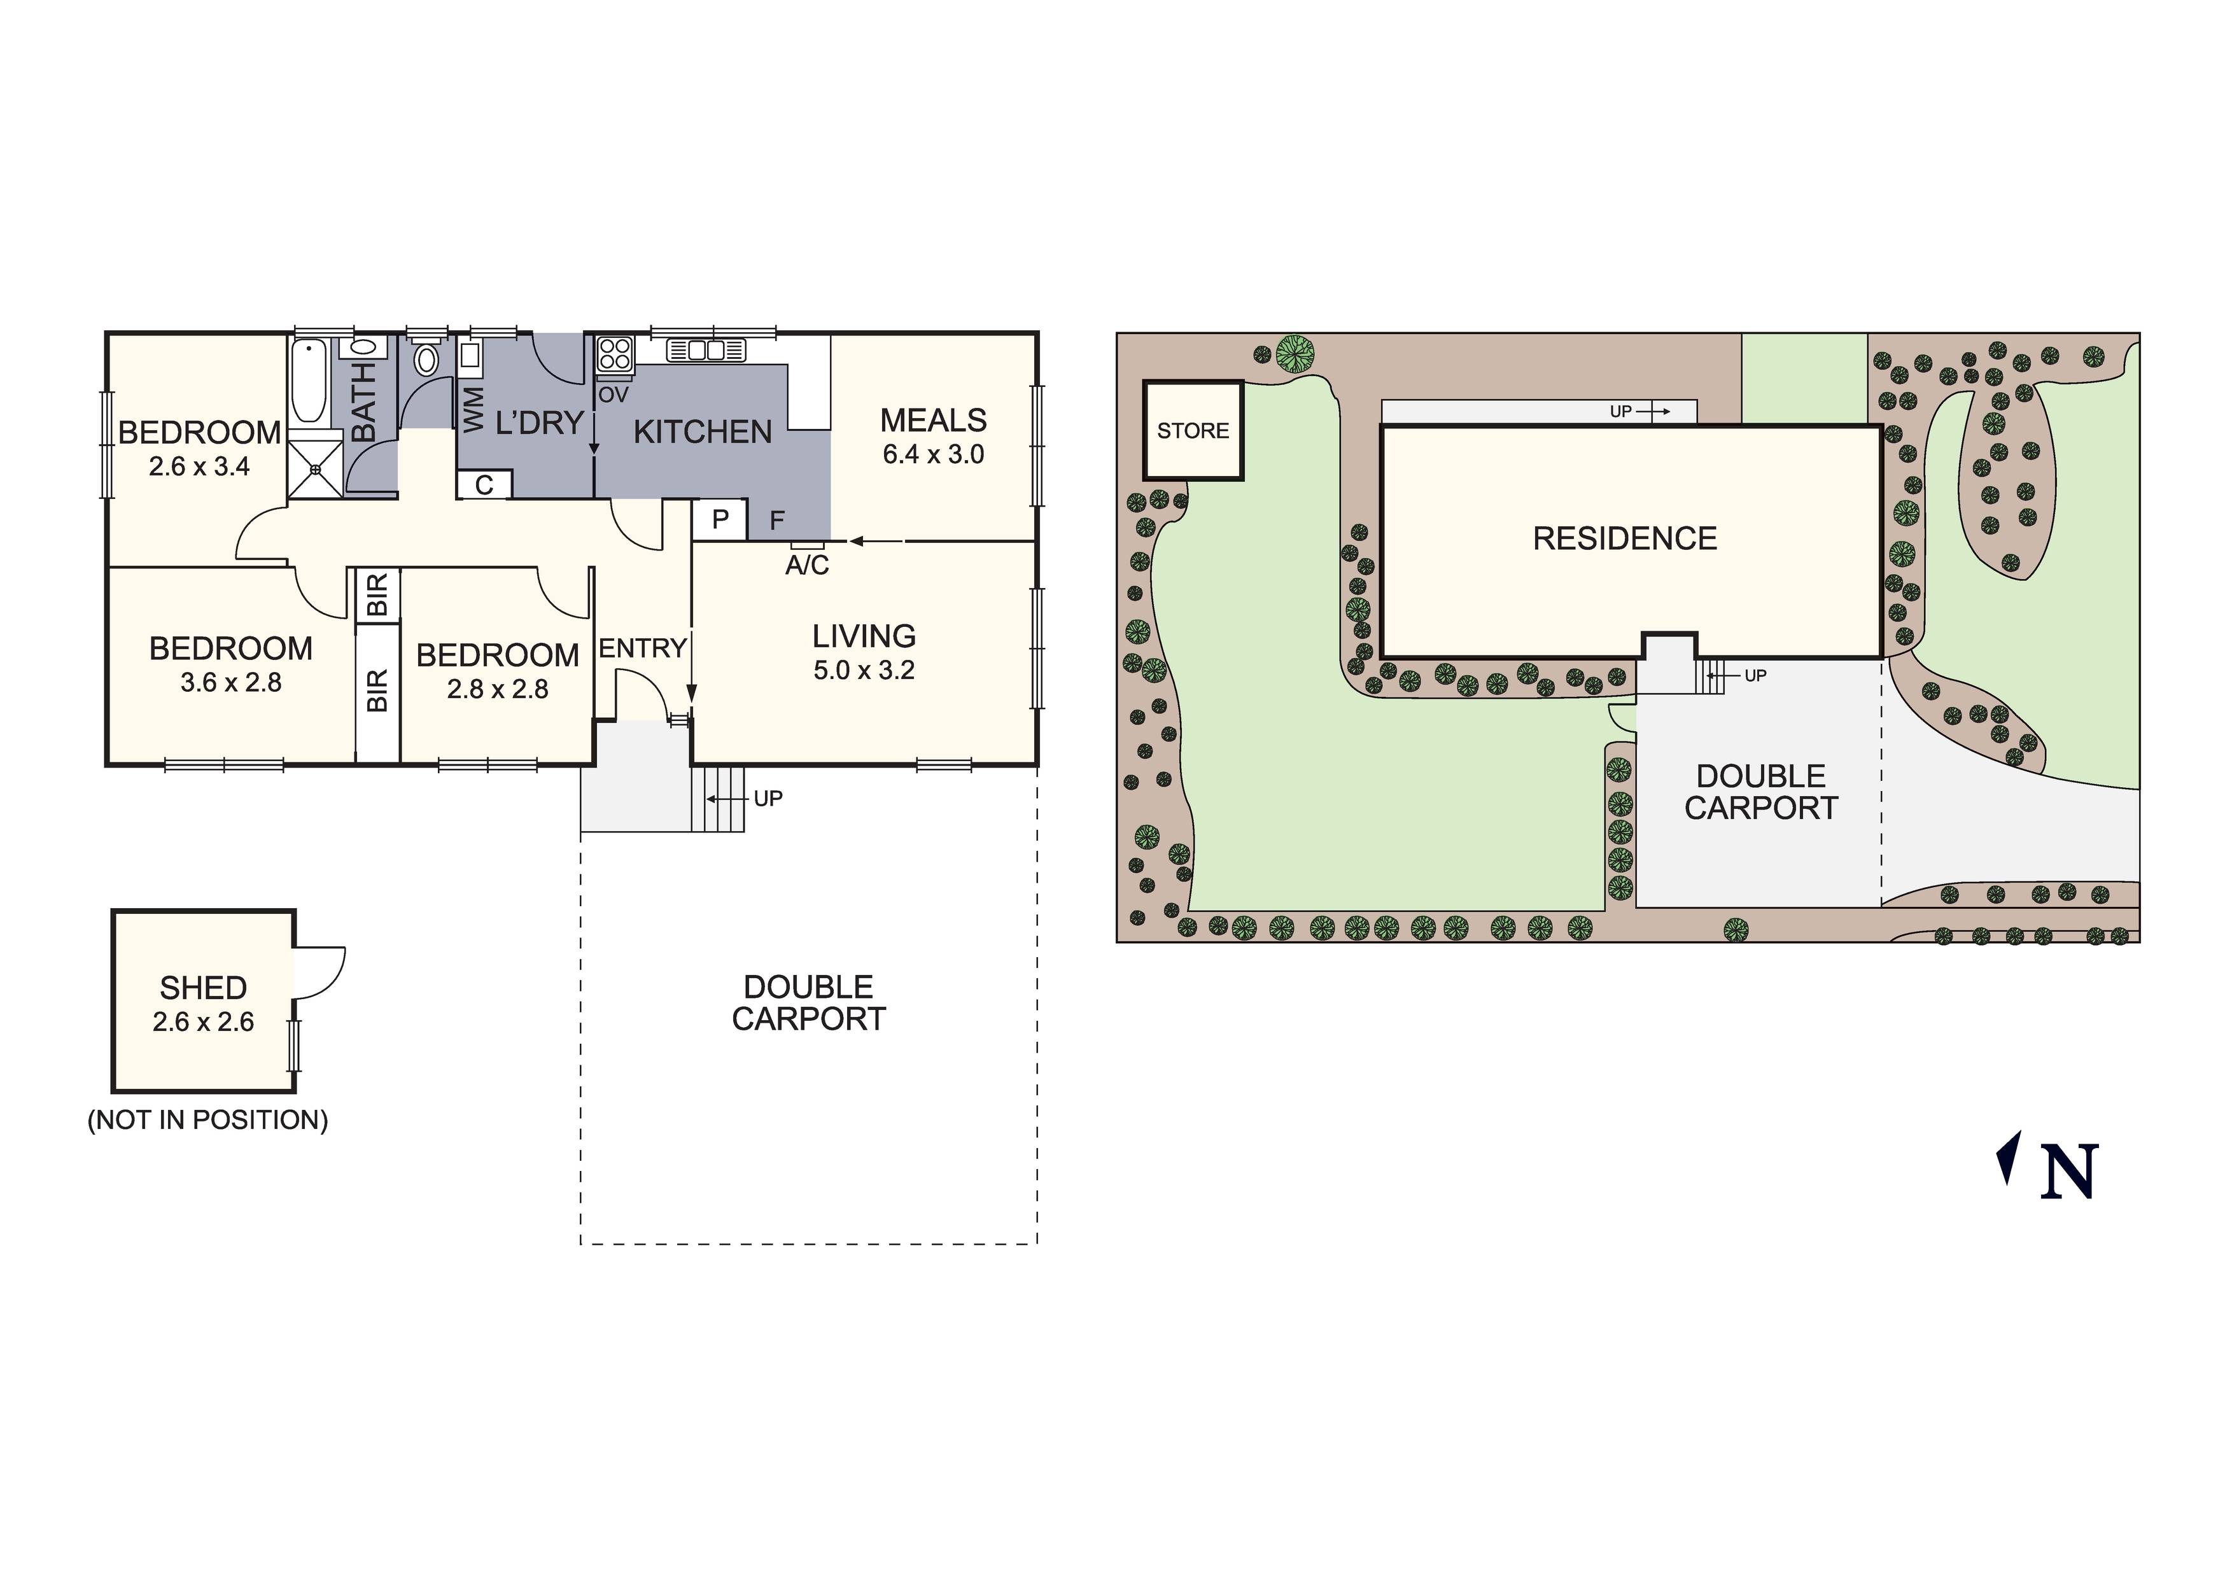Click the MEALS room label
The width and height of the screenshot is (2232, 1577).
pyautogui.click(x=932, y=421)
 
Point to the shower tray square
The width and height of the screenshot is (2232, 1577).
pyautogui.click(x=316, y=470)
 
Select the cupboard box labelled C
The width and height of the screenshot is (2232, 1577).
pyautogui.click(x=484, y=484)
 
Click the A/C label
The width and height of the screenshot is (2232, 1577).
pyautogui.click(x=807, y=566)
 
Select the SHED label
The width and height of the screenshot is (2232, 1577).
pyautogui.click(x=203, y=988)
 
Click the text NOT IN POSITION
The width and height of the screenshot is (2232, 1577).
pyautogui.click(x=208, y=1120)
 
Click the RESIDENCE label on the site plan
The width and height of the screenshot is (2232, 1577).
pyautogui.click(x=1624, y=538)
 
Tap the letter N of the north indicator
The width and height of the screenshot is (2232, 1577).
pyautogui.click(x=2068, y=1172)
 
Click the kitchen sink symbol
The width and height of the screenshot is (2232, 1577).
pyautogui.click(x=706, y=350)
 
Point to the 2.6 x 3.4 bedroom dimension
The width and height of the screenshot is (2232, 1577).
pyautogui.click(x=199, y=466)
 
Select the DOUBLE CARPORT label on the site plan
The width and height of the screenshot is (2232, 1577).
pyautogui.click(x=1760, y=792)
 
